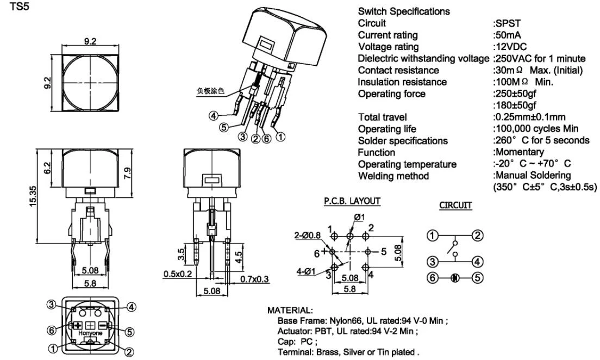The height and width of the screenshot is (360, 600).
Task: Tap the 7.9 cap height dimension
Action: pyautogui.click(x=127, y=174)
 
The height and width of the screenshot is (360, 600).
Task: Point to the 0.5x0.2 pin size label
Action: pyautogui.click(x=177, y=274)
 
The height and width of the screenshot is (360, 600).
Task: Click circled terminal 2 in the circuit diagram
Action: pyautogui.click(x=477, y=235)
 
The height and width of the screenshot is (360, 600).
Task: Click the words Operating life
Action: pyautogui.click(x=387, y=129)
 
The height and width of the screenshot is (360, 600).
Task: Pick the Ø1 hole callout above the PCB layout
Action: pyautogui.click(x=359, y=218)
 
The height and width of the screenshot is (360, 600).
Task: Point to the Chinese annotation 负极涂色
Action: pyautogui.click(x=210, y=91)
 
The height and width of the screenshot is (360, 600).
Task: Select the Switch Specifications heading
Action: pyautogui.click(x=404, y=11)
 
